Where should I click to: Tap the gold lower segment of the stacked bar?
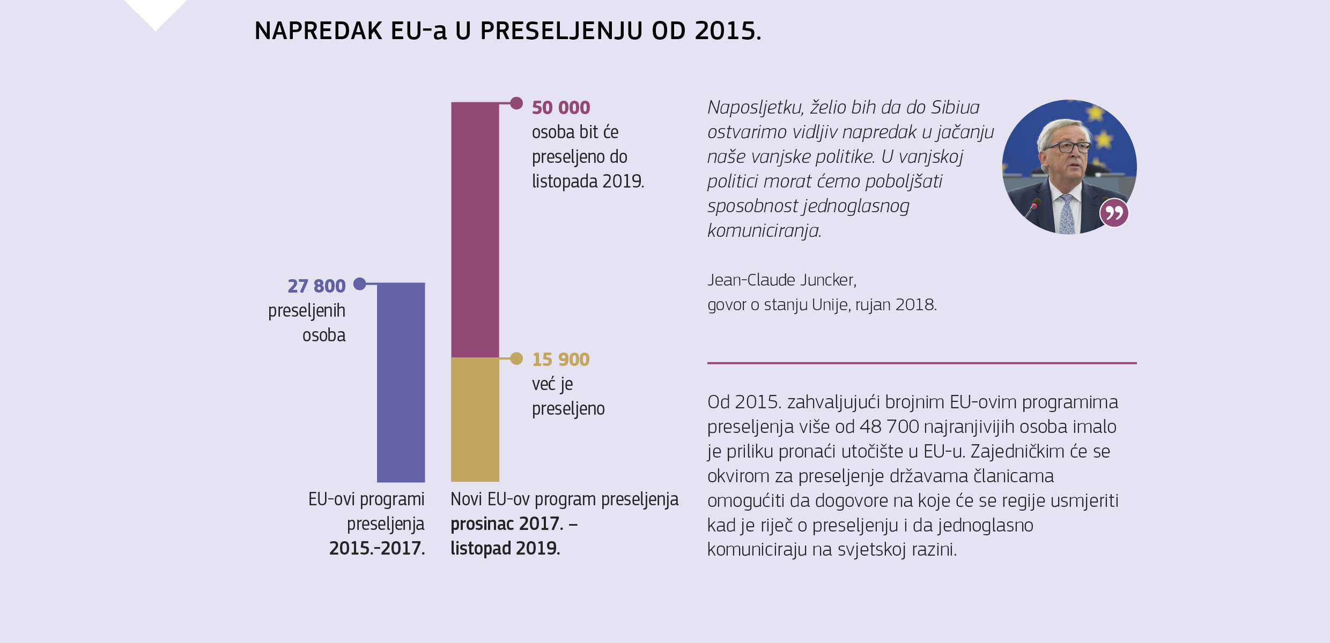(x=475, y=420)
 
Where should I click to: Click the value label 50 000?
(x=560, y=108)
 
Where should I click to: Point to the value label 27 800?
(x=316, y=286)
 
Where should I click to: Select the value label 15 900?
(x=560, y=360)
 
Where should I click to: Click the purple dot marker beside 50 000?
(x=516, y=103)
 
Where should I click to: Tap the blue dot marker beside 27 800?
(x=360, y=283)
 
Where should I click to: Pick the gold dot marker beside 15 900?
(x=516, y=358)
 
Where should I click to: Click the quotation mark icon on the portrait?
(x=1114, y=213)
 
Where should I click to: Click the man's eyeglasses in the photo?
(x=1067, y=147)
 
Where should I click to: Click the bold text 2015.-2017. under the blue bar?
(x=376, y=548)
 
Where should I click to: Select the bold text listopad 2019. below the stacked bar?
(x=505, y=548)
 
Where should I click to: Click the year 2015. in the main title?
(x=727, y=31)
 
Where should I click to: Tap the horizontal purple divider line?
(x=921, y=363)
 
